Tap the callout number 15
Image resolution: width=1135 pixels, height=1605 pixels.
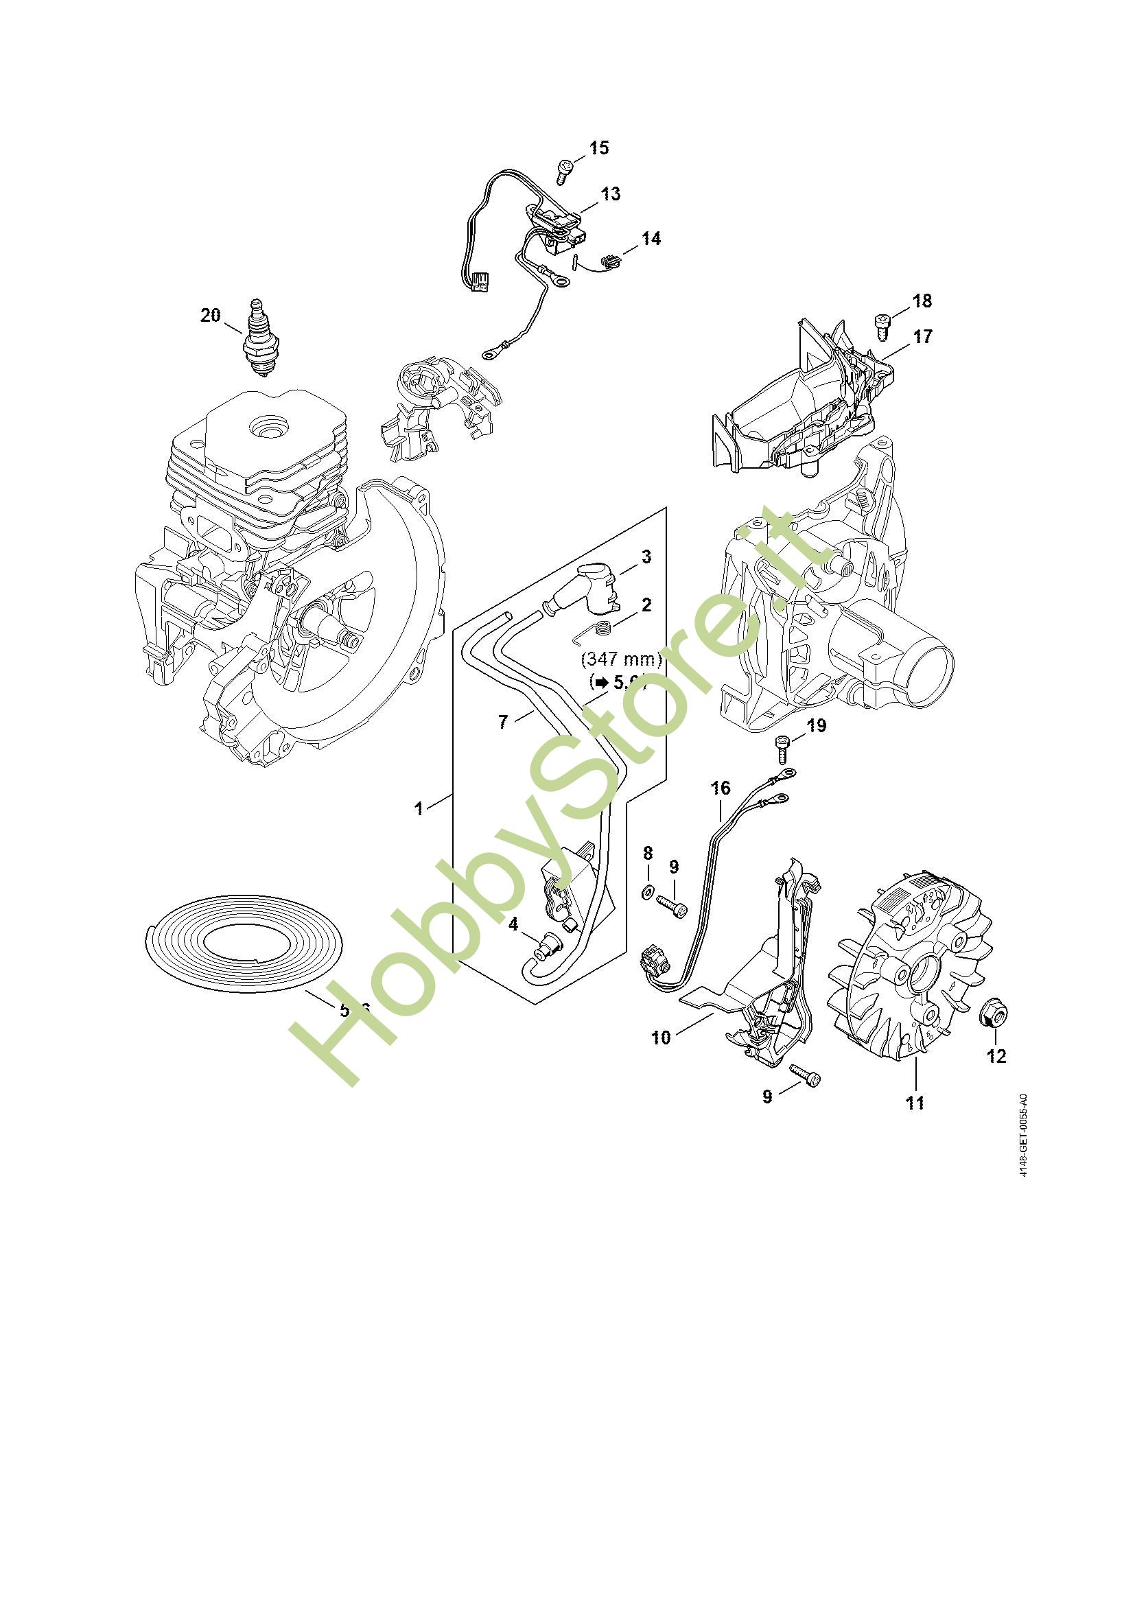(x=599, y=148)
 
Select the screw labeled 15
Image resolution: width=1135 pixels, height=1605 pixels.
(x=565, y=170)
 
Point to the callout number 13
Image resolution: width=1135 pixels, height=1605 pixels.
(x=610, y=194)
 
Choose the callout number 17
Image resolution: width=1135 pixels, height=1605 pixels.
(x=922, y=336)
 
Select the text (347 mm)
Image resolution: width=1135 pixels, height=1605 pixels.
(x=621, y=659)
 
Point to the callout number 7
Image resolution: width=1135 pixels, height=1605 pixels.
(x=502, y=721)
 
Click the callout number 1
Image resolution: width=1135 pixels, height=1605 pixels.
(x=419, y=809)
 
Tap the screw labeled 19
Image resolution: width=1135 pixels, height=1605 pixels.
(x=783, y=751)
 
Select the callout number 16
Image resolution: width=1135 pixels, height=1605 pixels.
(x=721, y=788)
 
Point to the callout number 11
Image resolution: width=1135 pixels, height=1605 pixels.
(x=915, y=1103)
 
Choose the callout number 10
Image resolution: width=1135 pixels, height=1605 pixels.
(x=660, y=1038)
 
